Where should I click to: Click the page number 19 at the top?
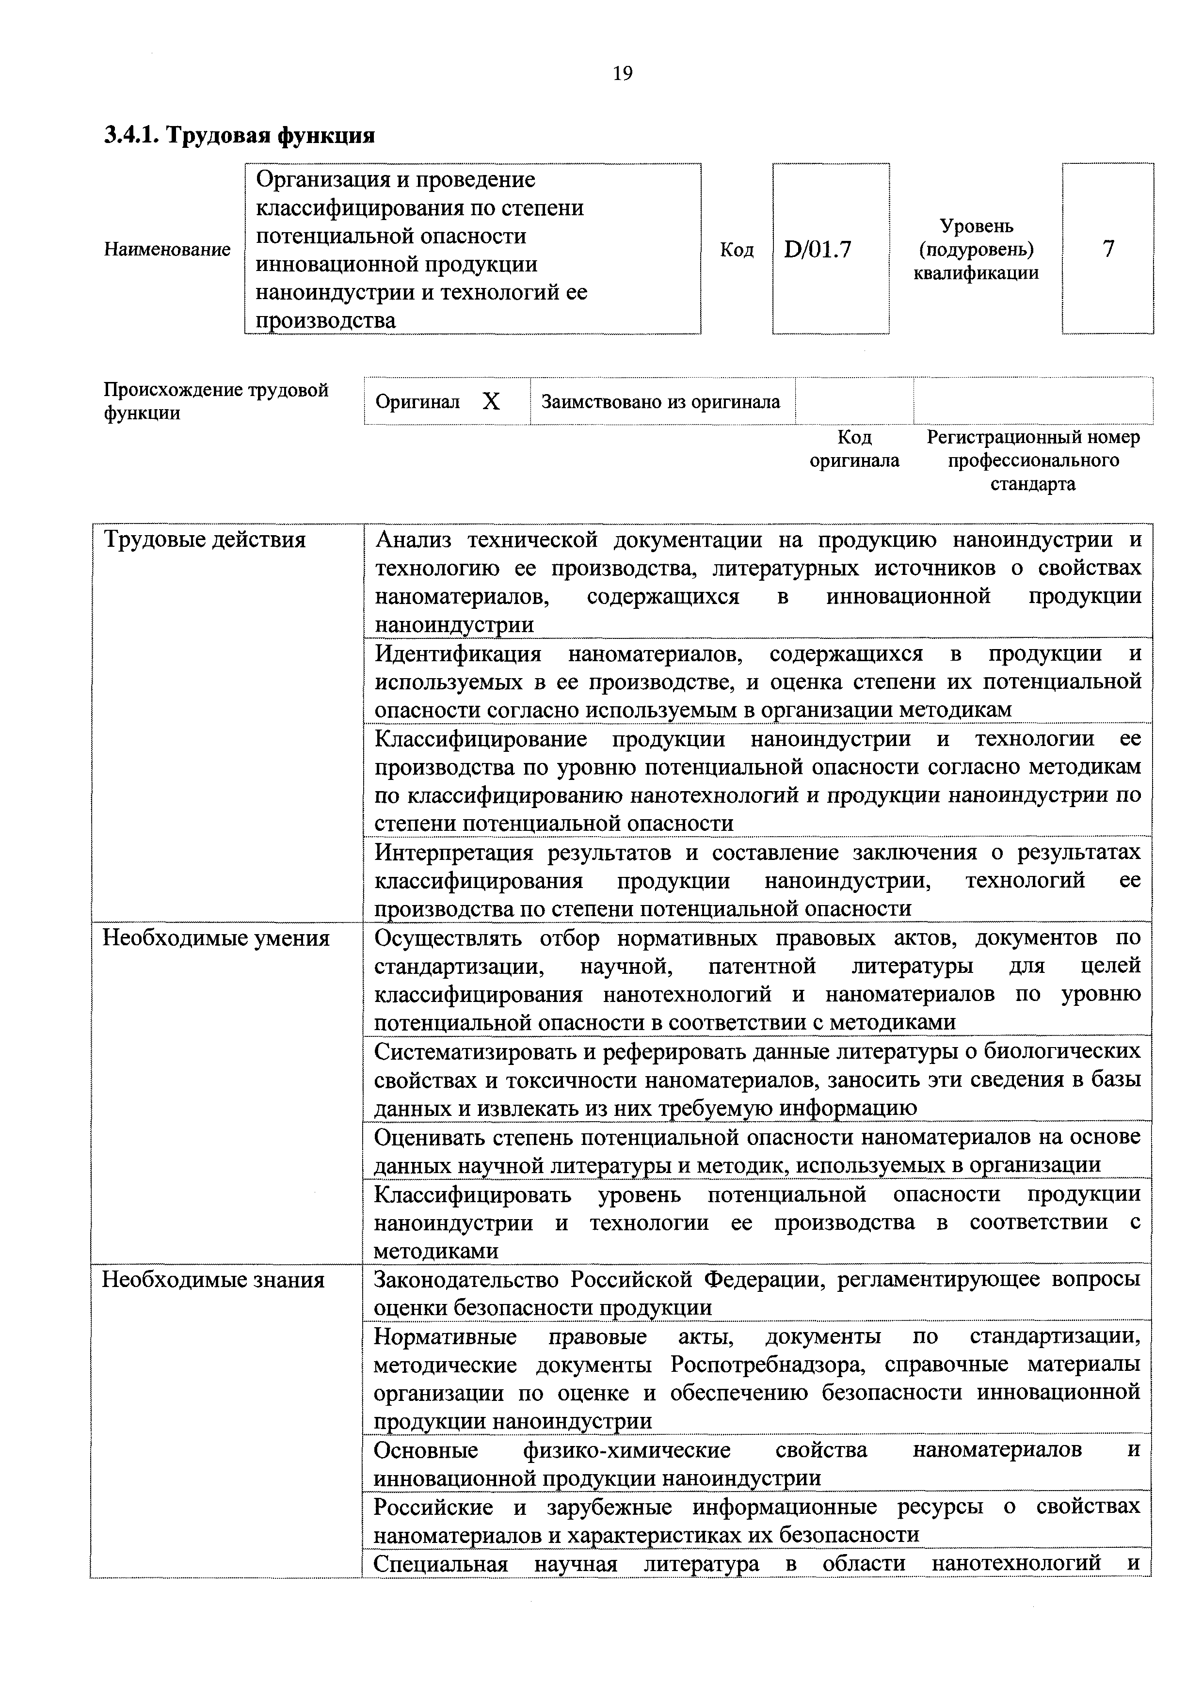pyautogui.click(x=622, y=73)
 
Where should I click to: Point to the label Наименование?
pyautogui.click(x=167, y=250)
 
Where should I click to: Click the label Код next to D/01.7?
pyautogui.click(x=737, y=250)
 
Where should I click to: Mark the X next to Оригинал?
pyautogui.click(x=491, y=402)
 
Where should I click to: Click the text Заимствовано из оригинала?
pyautogui.click(x=660, y=402)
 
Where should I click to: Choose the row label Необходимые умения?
pyautogui.click(x=216, y=938)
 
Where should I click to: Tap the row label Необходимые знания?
pyautogui.click(x=213, y=1279)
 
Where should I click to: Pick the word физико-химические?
pyautogui.click(x=626, y=1450)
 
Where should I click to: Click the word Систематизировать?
pyautogui.click(x=485, y=1051)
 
